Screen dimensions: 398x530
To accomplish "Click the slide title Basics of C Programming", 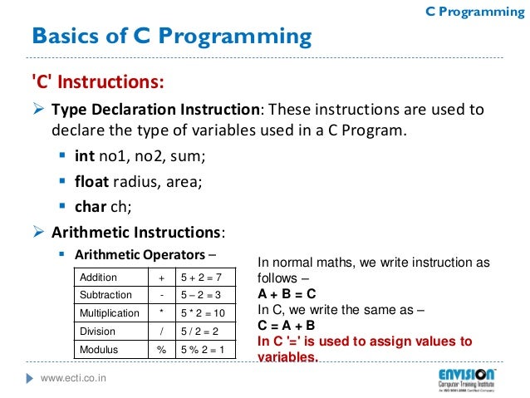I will click(171, 37).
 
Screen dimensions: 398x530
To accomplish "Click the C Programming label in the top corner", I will click(469, 11).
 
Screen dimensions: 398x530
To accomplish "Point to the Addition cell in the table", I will click(99, 278).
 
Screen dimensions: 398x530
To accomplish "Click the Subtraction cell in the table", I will click(105, 295).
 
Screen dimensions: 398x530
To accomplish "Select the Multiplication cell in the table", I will click(109, 313).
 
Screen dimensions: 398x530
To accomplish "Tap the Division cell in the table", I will click(97, 332).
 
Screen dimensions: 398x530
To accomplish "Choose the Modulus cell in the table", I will click(99, 350).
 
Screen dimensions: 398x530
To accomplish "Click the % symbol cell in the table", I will click(161, 350).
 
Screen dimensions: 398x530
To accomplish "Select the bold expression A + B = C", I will click(286, 294).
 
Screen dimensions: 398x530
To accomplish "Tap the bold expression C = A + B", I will click(286, 325).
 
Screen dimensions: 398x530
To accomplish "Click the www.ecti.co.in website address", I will click(79, 380).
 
